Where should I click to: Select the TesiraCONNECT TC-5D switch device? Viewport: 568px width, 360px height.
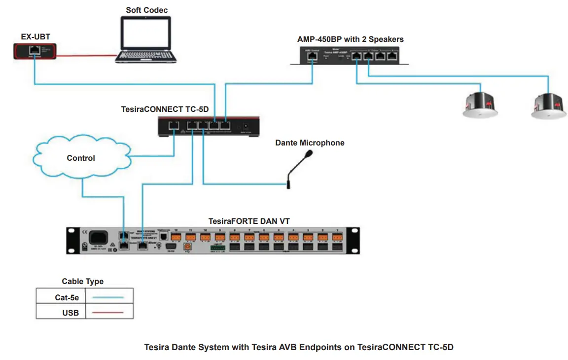pos(209,126)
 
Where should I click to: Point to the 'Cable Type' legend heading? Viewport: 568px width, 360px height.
pos(82,282)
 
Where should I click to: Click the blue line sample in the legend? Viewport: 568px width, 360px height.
pos(109,297)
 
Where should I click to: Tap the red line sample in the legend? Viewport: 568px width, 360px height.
pos(109,312)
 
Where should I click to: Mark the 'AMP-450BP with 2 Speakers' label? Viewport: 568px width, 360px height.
pos(350,39)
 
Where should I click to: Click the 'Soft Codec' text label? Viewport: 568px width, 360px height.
pos(146,10)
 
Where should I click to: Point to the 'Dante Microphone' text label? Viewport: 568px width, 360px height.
pos(310,143)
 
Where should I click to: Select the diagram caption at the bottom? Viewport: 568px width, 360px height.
pos(298,347)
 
